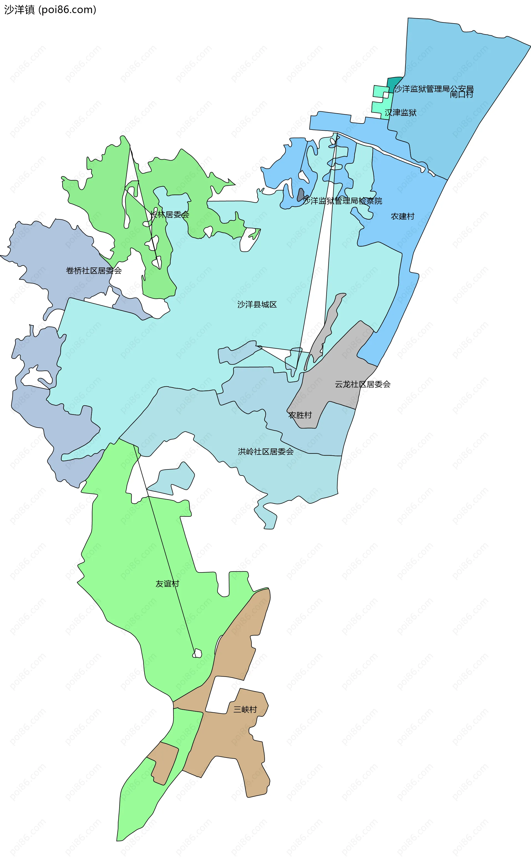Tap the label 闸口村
click(462, 94)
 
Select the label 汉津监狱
click(400, 113)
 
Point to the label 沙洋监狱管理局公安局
click(433, 89)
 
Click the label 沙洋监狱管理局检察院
click(342, 201)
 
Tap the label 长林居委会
click(169, 215)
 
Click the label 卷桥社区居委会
click(94, 270)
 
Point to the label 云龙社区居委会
click(362, 384)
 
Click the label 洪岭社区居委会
click(265, 452)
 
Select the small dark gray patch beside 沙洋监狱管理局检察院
click(301, 195)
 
